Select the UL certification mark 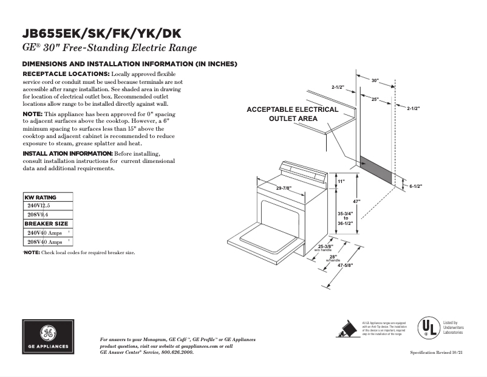click(x=428, y=328)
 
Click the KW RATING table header click(x=40, y=198)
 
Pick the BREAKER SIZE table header click(x=46, y=223)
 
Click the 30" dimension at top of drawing click(x=375, y=80)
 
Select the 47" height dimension click(x=358, y=201)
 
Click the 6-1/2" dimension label click(x=415, y=186)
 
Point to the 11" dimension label click(x=341, y=181)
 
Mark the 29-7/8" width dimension click(x=286, y=188)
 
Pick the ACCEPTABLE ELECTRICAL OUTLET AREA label click(x=293, y=114)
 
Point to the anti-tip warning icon click(x=346, y=329)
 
